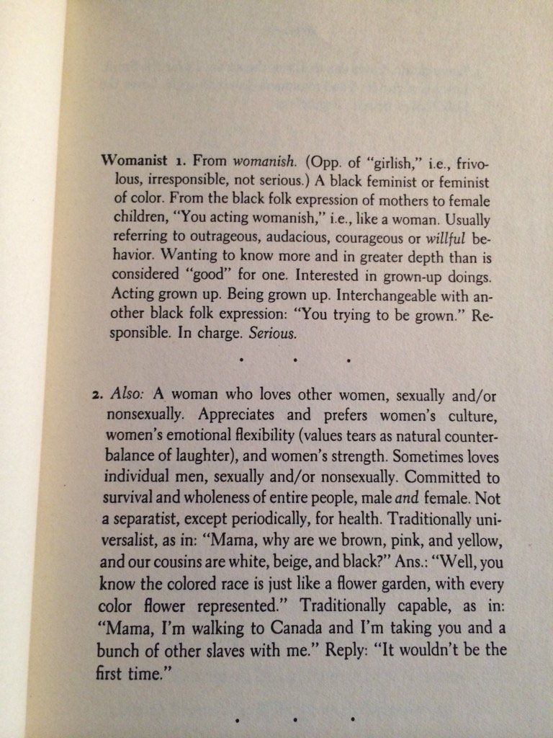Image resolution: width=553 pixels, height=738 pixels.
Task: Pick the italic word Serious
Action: (x=275, y=334)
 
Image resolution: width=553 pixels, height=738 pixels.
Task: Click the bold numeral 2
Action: (x=96, y=396)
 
